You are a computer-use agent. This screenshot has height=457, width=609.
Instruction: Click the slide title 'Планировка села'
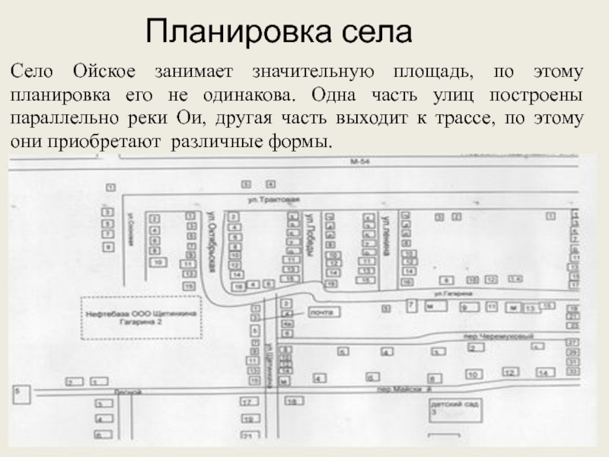pyautogui.click(x=279, y=32)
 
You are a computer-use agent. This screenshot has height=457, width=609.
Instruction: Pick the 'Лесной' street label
pyautogui.click(x=123, y=392)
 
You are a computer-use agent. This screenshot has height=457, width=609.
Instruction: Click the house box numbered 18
pyautogui.click(x=290, y=400)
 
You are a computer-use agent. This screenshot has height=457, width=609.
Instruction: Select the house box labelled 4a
pyautogui.click(x=288, y=323)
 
